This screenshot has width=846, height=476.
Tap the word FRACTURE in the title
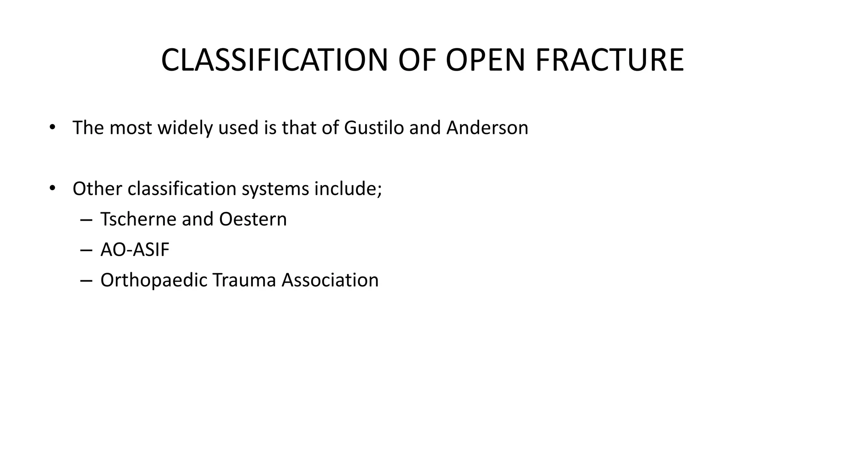pos(609,60)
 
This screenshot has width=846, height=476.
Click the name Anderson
pos(487,128)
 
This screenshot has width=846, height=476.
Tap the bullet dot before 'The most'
pos(52,128)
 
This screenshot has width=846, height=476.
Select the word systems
pos(275,189)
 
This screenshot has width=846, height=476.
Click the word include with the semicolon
pos(348,189)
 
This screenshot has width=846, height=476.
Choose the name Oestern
pos(252,219)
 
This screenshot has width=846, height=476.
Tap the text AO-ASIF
pos(135,250)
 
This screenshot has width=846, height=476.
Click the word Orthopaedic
pos(153,280)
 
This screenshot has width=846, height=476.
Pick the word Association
pos(330,280)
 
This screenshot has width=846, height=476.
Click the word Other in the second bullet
pos(97,189)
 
